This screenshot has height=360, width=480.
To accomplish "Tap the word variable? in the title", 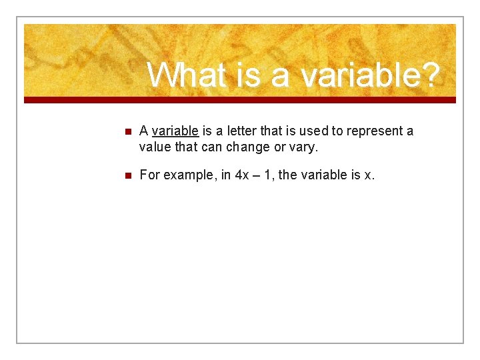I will point(369,75).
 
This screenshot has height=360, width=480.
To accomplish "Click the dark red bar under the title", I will point(240,100).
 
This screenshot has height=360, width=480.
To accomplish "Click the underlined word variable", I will point(175,131).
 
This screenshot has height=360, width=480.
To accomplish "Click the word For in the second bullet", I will point(150,175).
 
